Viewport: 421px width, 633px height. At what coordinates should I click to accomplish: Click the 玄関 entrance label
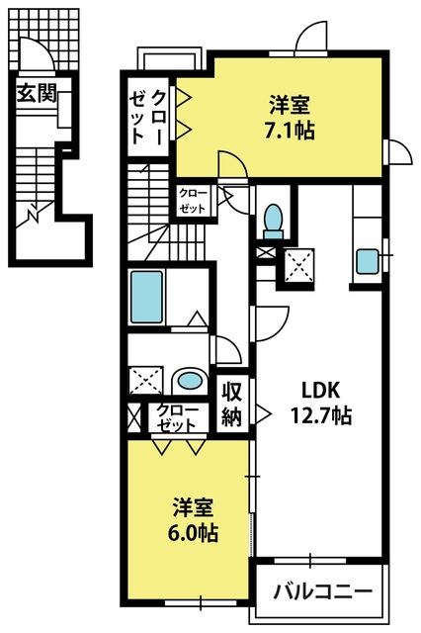pyautogui.click(x=37, y=94)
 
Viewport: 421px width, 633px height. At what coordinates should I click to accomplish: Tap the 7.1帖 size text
pyautogui.click(x=290, y=130)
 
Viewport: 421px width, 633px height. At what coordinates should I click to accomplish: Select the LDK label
pyautogui.click(x=321, y=390)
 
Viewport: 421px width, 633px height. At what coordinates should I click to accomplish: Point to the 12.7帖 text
pyautogui.click(x=321, y=414)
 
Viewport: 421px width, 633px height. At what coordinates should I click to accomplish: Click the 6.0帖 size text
pyautogui.click(x=193, y=532)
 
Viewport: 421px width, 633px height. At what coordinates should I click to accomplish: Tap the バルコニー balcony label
pyautogui.click(x=322, y=591)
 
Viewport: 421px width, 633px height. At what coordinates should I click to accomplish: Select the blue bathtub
pyautogui.click(x=147, y=297)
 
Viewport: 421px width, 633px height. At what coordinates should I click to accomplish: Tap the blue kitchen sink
pyautogui.click(x=368, y=261)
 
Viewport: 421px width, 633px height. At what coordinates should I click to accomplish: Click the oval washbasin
pyautogui.click(x=190, y=380)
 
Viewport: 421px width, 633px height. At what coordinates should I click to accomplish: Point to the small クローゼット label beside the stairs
pyautogui.click(x=193, y=201)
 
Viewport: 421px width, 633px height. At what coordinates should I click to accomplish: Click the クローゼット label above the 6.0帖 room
pyautogui.click(x=178, y=417)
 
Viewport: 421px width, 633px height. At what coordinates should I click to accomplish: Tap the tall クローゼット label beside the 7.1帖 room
pyautogui.click(x=147, y=118)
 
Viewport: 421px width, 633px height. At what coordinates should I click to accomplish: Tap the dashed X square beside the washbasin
pyautogui.click(x=145, y=381)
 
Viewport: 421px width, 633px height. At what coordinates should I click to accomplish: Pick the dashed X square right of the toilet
pyautogui.click(x=298, y=266)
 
